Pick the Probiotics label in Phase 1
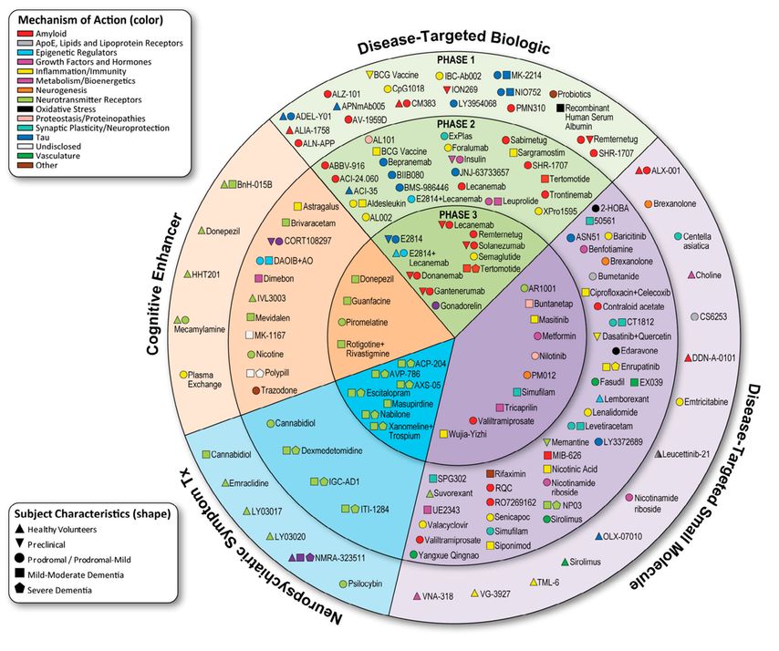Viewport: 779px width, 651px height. pos(583,94)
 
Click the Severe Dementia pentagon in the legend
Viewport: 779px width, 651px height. pos(20,591)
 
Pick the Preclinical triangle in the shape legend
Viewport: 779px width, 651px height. pos(20,543)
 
